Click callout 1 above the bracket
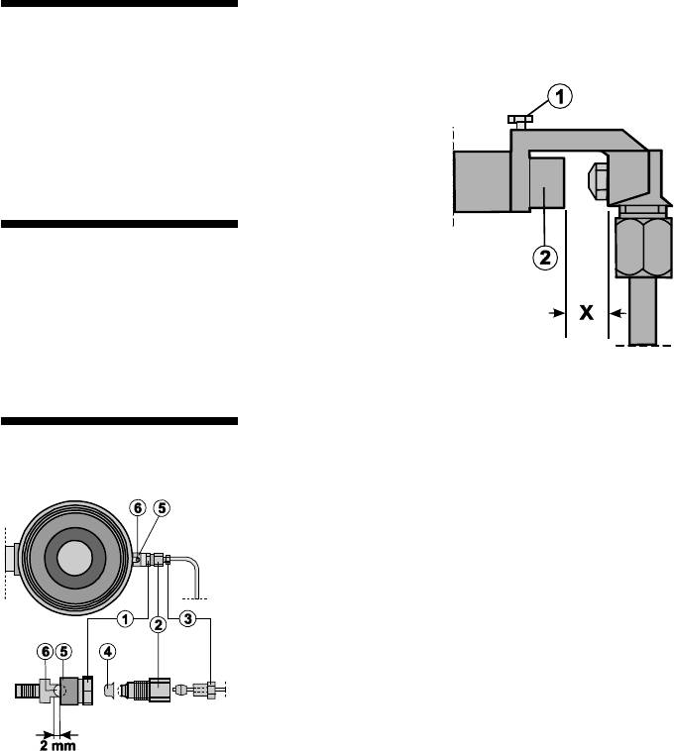559,96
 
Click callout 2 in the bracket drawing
545,258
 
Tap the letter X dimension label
587,313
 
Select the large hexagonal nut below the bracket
643,247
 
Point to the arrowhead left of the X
558,313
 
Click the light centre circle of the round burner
74,558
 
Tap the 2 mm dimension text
57,745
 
